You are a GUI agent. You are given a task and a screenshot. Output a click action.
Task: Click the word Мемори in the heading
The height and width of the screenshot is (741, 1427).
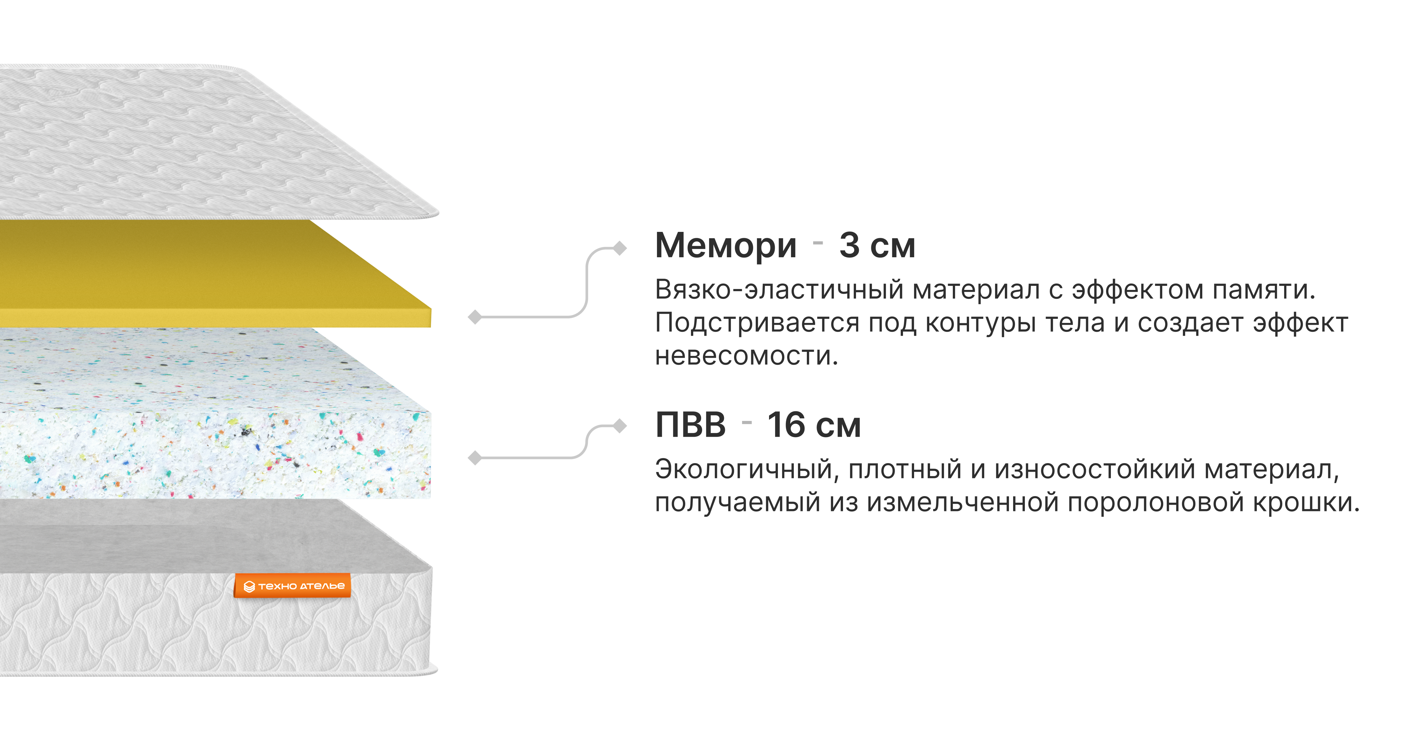[x=725, y=245]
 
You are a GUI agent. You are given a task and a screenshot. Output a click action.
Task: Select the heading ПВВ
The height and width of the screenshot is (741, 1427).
[x=690, y=425]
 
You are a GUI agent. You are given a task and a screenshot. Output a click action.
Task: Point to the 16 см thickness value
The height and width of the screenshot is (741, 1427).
[x=813, y=425]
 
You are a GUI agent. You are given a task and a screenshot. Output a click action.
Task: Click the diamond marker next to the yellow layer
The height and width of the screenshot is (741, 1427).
[x=475, y=317]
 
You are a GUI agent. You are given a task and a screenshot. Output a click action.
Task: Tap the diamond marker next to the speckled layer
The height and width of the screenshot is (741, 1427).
[x=475, y=458]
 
